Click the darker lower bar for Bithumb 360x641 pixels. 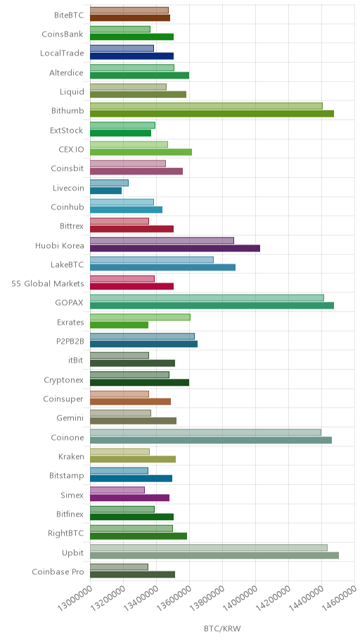[x=212, y=114]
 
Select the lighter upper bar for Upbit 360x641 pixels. [x=209, y=548]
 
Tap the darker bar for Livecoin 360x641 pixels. [x=105, y=190]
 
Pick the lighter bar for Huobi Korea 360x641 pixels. [x=162, y=240]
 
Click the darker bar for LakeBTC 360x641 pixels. [x=163, y=267]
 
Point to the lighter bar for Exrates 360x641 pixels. [x=140, y=317]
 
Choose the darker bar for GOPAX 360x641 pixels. [x=212, y=305]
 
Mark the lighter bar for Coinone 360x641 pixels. [x=205, y=432]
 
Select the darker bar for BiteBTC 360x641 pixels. [x=130, y=18]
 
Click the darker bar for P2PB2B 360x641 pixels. [x=143, y=344]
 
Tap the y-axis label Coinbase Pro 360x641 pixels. [x=58, y=571]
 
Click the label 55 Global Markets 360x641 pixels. [x=48, y=283]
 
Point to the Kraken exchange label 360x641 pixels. [x=71, y=456]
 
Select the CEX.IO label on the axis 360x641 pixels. [x=71, y=149]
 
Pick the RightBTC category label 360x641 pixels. [x=66, y=533]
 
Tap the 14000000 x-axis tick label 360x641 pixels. [x=240, y=600]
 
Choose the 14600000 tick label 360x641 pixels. [x=339, y=600]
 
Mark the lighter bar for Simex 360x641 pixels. [x=117, y=490]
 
